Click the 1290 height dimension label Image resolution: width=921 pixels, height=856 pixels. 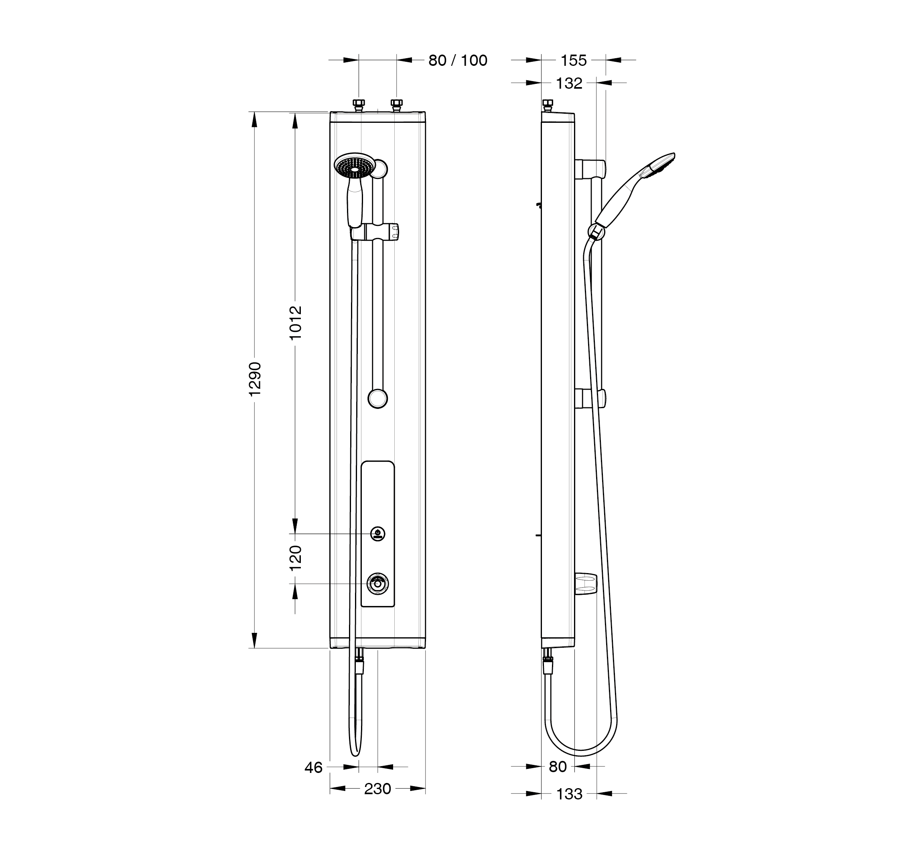coord(255,379)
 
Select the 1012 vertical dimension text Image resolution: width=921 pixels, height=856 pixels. coord(295,322)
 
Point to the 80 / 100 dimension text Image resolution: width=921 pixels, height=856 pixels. coord(457,60)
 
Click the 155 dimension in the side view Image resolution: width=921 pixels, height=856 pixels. coord(573,60)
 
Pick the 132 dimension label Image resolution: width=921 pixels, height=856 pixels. coord(569,83)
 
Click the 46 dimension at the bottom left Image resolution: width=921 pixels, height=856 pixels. coord(313,768)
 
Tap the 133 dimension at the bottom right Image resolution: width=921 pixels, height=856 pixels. coord(569,794)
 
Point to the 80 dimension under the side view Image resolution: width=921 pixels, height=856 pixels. coord(558,767)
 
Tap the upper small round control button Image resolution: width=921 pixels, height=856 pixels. coord(378,534)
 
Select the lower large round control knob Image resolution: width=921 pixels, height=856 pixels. coord(378,583)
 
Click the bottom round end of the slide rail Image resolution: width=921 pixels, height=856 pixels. coord(378,399)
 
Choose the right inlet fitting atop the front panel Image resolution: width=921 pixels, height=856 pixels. coord(397,105)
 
